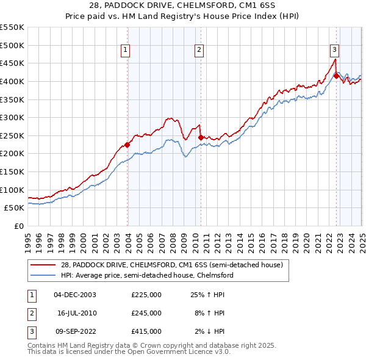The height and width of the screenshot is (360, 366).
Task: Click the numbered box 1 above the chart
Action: coord(125,51)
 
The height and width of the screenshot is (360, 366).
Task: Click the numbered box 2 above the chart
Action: coord(199,51)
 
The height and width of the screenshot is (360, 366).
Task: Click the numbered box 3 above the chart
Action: coord(335,51)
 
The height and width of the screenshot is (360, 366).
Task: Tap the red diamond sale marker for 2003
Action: coord(127,145)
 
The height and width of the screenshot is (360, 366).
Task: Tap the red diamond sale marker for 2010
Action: coord(201,137)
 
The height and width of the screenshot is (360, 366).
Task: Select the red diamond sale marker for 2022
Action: coord(336,76)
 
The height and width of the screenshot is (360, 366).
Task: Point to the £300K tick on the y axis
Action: coord(12,117)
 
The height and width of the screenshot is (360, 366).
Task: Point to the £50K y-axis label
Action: coord(13,208)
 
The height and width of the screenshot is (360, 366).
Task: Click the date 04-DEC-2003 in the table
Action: coord(75,295)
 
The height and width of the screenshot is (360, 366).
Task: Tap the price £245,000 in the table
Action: coord(146,313)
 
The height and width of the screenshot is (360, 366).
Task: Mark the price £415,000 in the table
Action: coord(146,331)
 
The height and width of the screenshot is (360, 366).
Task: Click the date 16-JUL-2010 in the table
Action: coord(75,313)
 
